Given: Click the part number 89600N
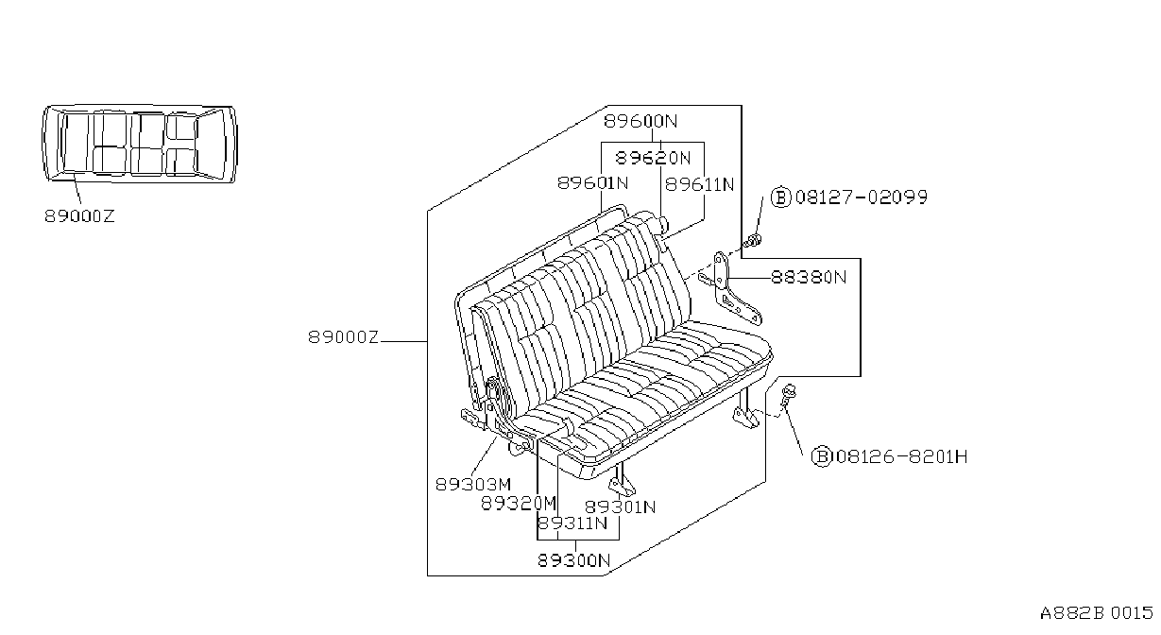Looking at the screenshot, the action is click(640, 121).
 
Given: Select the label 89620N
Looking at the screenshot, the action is click(653, 158).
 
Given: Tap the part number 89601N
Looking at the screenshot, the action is click(592, 183).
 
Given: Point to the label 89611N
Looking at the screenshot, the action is click(700, 184).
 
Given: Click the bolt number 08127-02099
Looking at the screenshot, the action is click(862, 197).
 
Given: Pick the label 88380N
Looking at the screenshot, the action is click(809, 277).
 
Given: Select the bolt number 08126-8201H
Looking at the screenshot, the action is click(902, 456).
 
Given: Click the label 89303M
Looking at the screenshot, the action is click(473, 485).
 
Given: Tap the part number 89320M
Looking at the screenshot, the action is click(519, 504).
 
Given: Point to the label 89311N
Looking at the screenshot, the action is click(572, 523).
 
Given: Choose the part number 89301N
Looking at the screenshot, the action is click(621, 507).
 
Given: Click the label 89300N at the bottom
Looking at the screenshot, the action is click(573, 560).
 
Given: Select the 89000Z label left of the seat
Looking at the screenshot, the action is click(344, 337).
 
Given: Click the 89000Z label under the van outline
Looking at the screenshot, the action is click(79, 216).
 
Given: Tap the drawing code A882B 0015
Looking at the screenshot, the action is click(1096, 613).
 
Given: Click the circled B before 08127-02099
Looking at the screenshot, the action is click(781, 197).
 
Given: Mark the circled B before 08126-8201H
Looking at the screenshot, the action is click(822, 456).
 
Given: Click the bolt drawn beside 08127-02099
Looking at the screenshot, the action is click(753, 241).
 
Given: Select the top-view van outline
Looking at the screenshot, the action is click(140, 145).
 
